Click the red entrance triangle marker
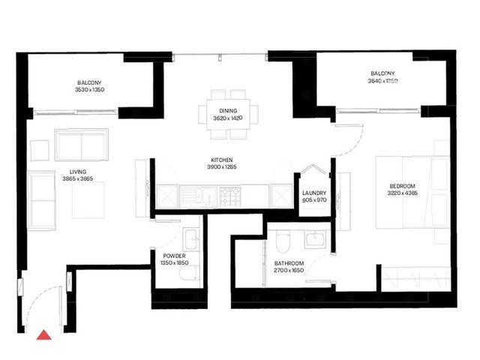coord(44,335)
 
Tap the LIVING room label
coord(78,172)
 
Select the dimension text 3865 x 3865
coord(78,178)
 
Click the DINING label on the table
coord(228,111)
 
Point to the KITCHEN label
coord(222,160)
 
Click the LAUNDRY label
coord(314,193)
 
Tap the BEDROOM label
coord(403,186)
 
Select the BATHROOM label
coord(289,263)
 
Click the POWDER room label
coord(174,256)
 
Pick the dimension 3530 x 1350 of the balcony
coord(90,90)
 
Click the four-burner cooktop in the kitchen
coord(230,196)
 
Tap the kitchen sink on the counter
coord(198,196)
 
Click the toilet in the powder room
coord(188,273)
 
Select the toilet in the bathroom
coord(282,241)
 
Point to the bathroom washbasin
coord(315,238)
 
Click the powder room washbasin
coord(191,238)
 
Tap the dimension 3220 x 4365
coord(403,193)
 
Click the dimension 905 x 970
coord(314,200)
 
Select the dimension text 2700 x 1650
coord(289,270)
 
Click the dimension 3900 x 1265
coord(222,167)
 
